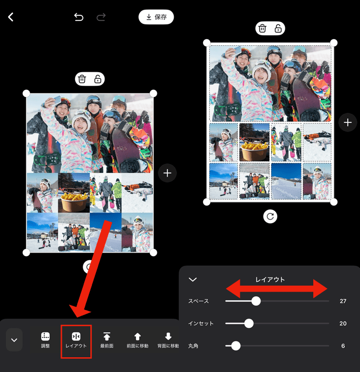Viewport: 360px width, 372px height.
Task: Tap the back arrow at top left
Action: click(x=11, y=17)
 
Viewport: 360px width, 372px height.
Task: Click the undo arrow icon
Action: click(x=79, y=17)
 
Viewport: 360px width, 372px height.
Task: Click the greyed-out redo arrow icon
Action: click(x=101, y=17)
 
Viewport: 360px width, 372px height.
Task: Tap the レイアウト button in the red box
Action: click(x=76, y=340)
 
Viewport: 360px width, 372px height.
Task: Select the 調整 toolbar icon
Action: click(x=45, y=340)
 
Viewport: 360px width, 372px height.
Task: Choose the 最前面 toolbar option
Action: click(x=107, y=340)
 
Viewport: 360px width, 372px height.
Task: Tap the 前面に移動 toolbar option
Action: click(x=137, y=340)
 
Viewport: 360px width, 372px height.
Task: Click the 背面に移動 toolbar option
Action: click(x=168, y=340)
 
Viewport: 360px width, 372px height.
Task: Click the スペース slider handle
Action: click(x=256, y=301)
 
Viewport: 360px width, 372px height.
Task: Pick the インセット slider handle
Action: click(x=249, y=323)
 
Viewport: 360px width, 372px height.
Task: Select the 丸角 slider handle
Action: click(x=236, y=346)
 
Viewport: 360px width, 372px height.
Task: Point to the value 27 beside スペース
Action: click(x=343, y=301)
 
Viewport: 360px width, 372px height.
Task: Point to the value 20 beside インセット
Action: click(x=343, y=323)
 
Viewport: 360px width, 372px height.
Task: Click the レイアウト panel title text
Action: click(x=270, y=280)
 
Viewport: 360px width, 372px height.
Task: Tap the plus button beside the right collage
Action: click(x=347, y=122)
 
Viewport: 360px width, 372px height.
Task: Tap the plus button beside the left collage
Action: click(x=167, y=173)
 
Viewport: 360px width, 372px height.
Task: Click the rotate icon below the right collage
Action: click(x=270, y=216)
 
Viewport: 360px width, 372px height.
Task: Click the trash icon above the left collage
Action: click(x=82, y=79)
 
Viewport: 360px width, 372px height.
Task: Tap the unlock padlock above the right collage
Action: click(x=278, y=28)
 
